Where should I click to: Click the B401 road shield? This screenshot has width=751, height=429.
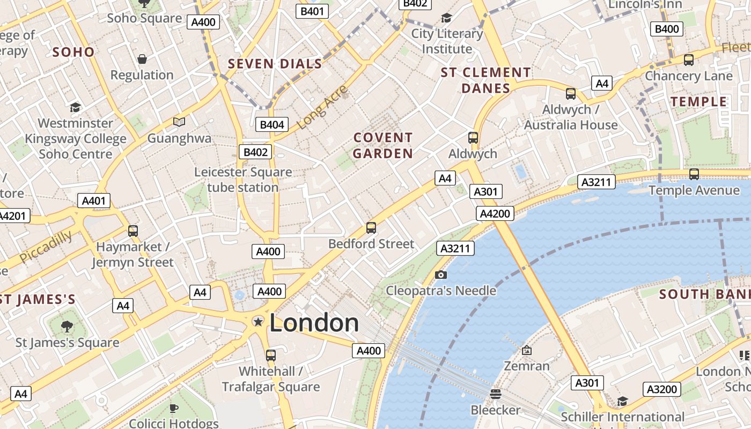pos(313,11)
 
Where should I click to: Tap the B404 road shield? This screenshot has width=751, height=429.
pos(271,125)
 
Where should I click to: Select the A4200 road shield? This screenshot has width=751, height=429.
pos(495,213)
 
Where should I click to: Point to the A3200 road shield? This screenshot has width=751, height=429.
pos(662,389)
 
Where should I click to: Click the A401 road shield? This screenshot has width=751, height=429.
pos(94,201)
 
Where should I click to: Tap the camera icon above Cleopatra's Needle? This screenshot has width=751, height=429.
pos(441,275)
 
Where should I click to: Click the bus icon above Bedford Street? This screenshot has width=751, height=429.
pos(371,228)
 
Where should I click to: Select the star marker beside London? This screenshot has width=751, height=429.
pos(258,322)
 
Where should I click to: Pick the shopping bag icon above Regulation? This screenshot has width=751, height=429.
pos(142,59)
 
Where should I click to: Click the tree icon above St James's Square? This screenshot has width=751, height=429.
pos(67,326)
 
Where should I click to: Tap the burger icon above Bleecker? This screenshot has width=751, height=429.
pos(495,394)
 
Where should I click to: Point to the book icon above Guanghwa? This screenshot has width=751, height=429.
pos(179,122)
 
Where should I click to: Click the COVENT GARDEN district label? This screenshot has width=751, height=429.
pos(383,145)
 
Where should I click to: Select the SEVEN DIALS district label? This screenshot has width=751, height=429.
pos(275,64)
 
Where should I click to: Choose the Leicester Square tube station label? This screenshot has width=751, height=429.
pos(243,180)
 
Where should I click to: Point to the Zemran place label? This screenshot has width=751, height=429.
pos(527,366)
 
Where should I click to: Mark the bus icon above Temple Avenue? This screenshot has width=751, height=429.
pos(694,174)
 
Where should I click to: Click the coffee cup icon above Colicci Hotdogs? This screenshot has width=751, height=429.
pos(174,408)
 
